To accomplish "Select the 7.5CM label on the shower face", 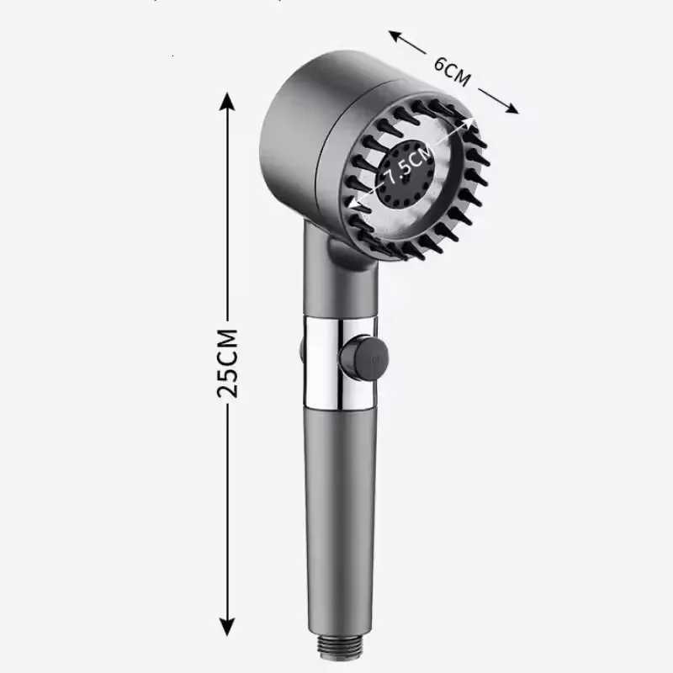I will pos(409,164).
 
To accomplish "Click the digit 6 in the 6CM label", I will pos(440,64).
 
